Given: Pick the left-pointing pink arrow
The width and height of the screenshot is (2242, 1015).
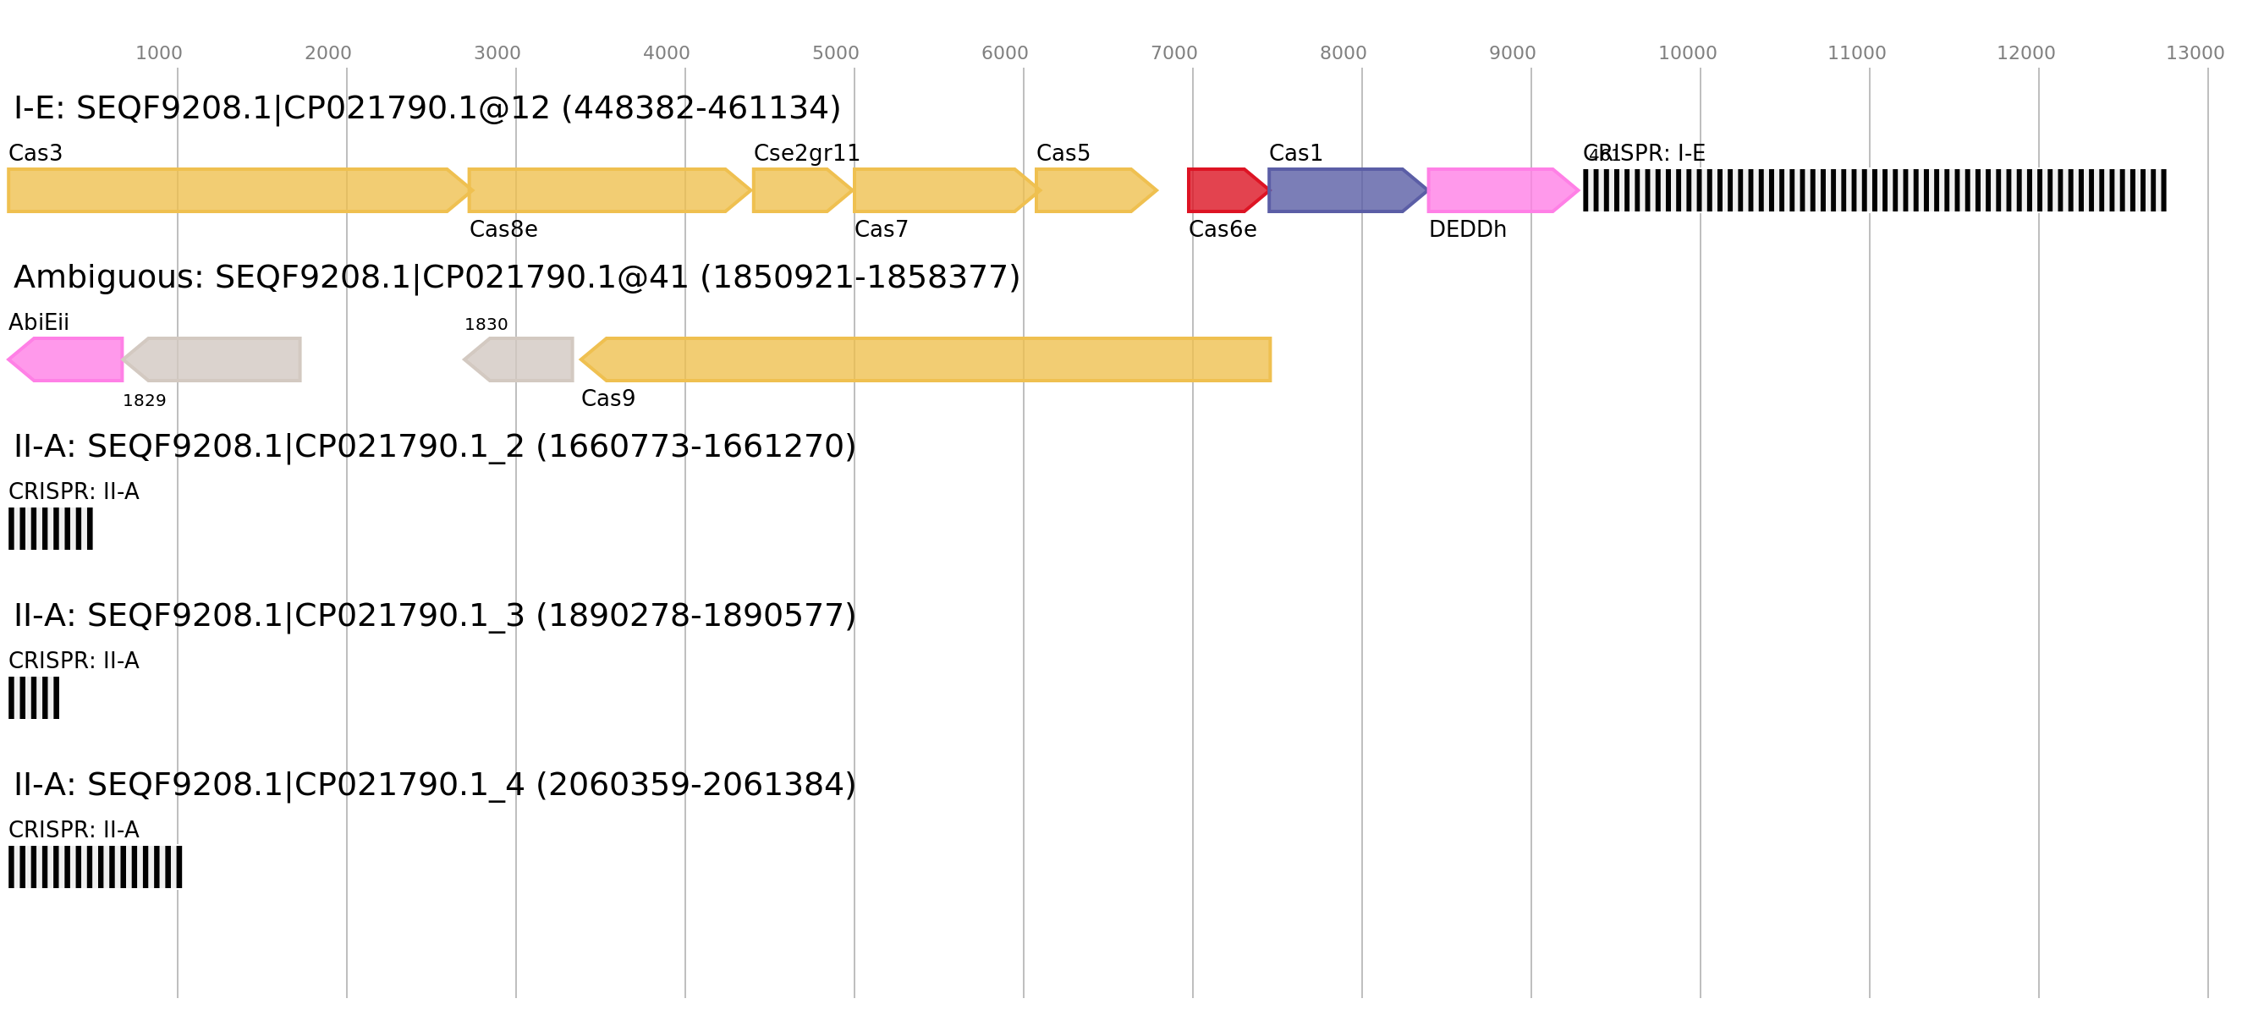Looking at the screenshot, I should (x=67, y=359).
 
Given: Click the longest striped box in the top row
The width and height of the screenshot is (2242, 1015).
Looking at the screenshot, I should (x=1875, y=189).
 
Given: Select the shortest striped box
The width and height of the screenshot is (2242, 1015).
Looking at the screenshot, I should (x=34, y=698).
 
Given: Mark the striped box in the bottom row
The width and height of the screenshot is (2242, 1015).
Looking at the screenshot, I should (x=96, y=867).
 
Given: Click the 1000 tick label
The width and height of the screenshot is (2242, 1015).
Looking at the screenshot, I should (x=158, y=53).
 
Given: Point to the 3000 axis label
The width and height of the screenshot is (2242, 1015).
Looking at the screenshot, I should (x=497, y=53).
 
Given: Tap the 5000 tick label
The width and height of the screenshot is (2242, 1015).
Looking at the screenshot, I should (x=836, y=53).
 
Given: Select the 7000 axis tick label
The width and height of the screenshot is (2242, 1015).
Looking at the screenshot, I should (x=1174, y=53).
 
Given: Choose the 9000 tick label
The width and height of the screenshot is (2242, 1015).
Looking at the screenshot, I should (x=1513, y=53).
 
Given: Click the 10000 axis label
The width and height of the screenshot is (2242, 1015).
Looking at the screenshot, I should (x=1687, y=53).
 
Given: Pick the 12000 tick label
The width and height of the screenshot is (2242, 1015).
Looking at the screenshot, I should (x=2025, y=53).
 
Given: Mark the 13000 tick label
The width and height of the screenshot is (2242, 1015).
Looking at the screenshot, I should (x=2194, y=53).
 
